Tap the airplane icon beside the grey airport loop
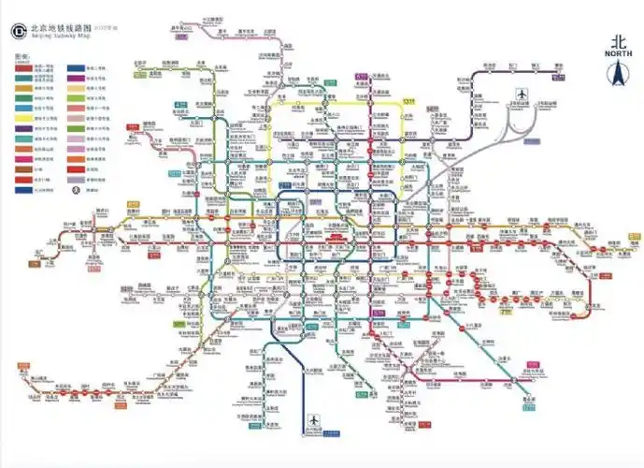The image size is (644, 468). (522, 95)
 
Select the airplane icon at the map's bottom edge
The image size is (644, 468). (312, 422)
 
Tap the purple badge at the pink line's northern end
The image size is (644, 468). (182, 35)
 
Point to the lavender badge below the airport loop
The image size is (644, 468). (530, 142)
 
